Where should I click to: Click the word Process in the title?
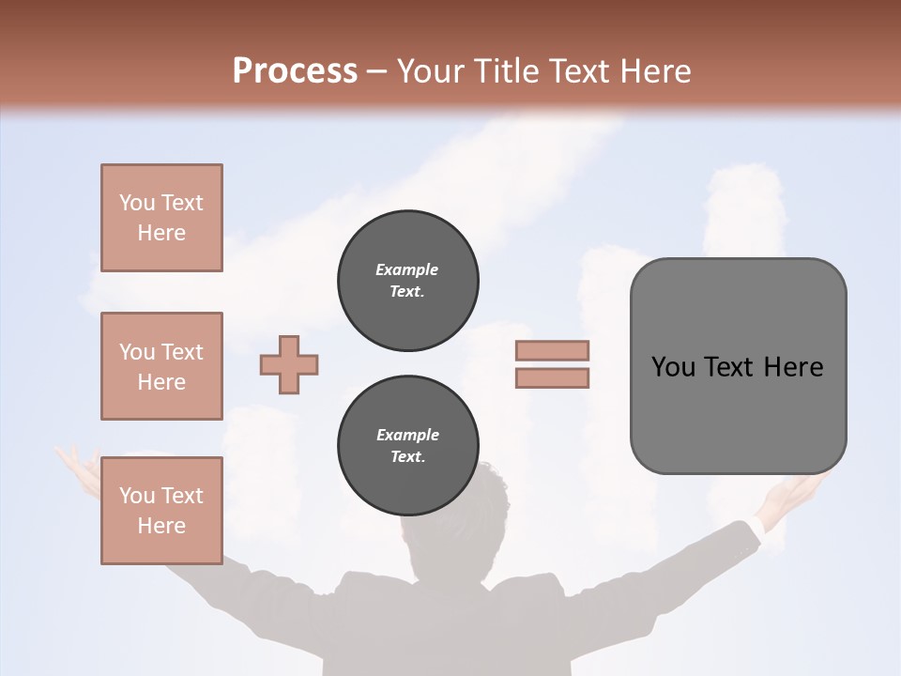[x=295, y=70]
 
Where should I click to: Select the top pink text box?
[x=161, y=218]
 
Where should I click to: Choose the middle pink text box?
[x=161, y=366]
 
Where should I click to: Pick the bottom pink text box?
[x=161, y=511]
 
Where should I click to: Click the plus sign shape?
[x=289, y=364]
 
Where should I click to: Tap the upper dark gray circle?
[x=408, y=281]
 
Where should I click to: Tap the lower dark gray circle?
[x=408, y=446]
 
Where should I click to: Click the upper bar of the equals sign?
[x=552, y=350]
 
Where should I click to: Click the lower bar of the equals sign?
[x=552, y=377]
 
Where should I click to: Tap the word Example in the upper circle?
[x=406, y=269]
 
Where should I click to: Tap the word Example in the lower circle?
[x=407, y=435]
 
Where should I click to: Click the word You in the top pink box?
[x=137, y=203]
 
